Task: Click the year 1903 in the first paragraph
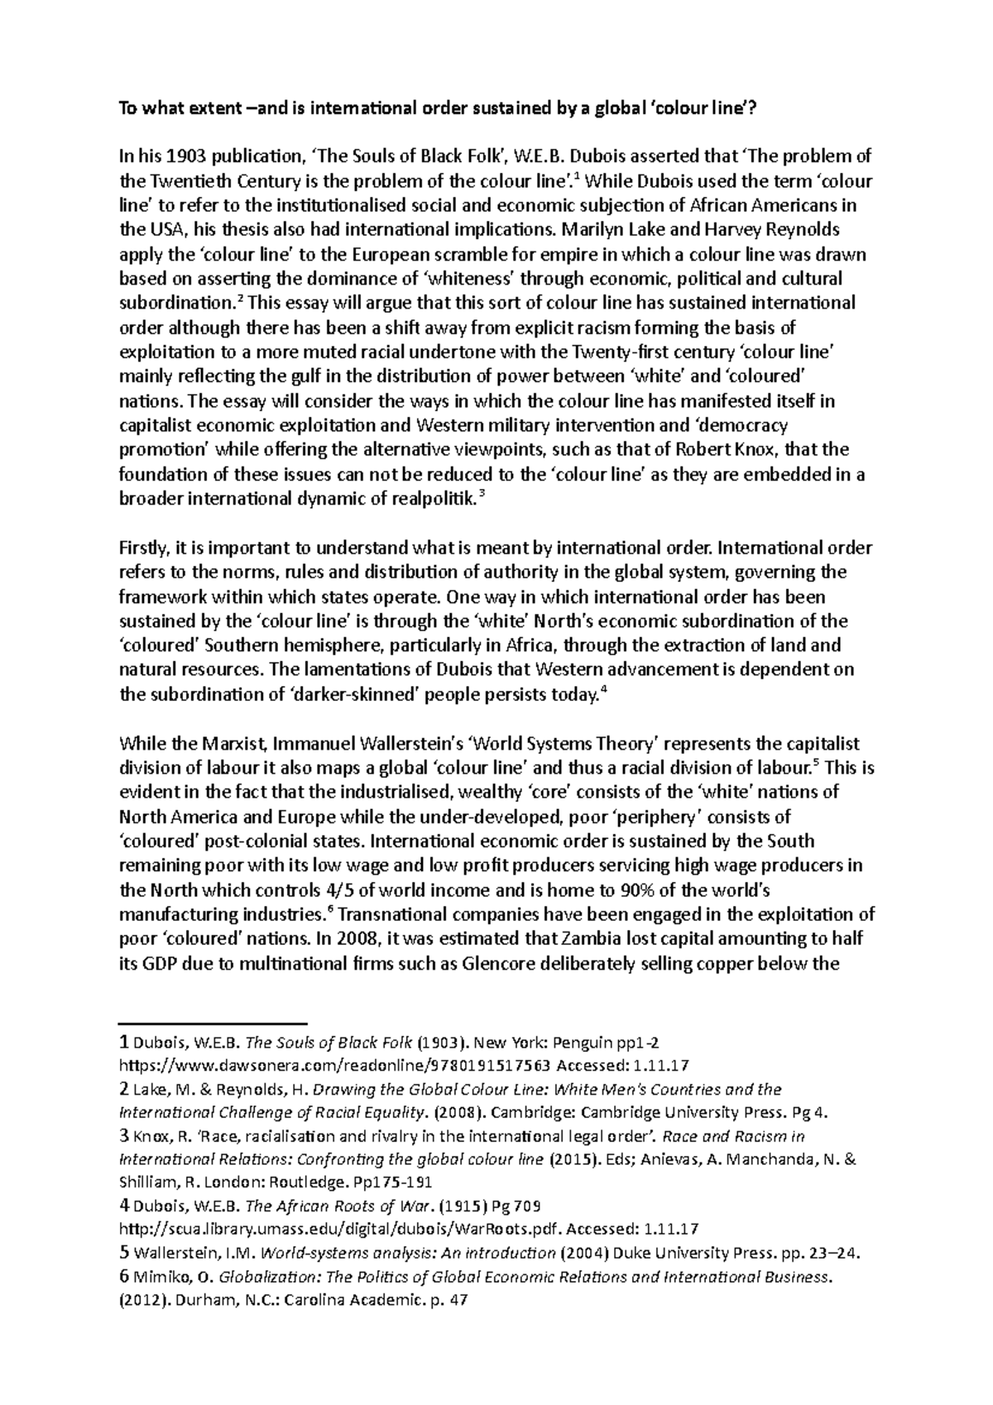click(186, 156)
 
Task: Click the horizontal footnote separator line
click(213, 1024)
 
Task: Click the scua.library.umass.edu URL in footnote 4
click(342, 1228)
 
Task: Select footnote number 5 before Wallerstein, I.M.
click(124, 1252)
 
